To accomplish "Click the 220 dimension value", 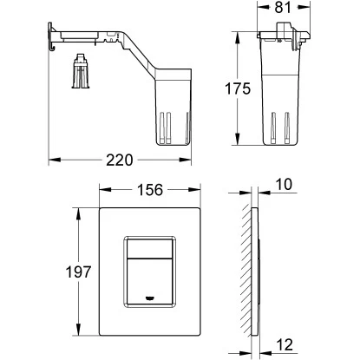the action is click(x=119, y=160).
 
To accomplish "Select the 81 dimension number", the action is click(x=283, y=8).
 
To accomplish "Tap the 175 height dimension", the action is click(x=238, y=88).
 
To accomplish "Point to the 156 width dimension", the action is click(x=150, y=190).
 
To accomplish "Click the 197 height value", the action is click(x=78, y=272).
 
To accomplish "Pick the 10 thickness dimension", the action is click(x=284, y=184).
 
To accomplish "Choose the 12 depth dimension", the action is click(x=285, y=344).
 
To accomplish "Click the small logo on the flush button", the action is click(x=149, y=297).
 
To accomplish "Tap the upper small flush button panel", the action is click(x=149, y=248).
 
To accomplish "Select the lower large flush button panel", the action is click(x=149, y=281).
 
